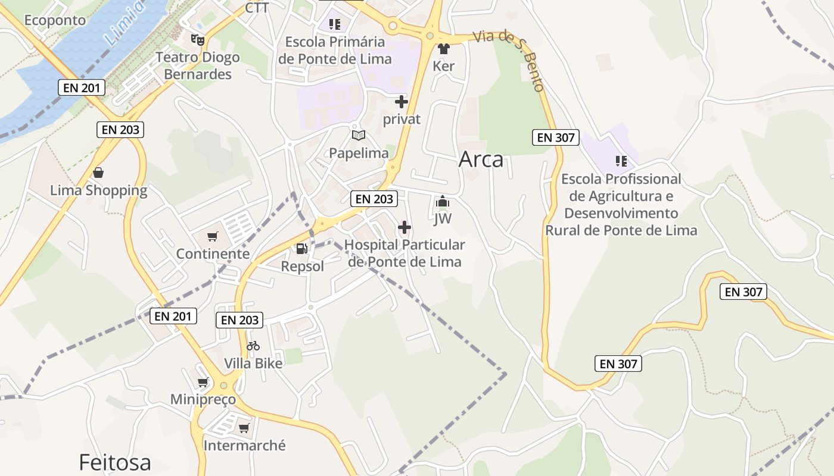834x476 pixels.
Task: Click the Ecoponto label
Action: click(55, 20)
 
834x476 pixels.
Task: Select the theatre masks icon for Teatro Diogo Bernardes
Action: click(198, 40)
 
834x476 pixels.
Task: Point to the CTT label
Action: click(257, 8)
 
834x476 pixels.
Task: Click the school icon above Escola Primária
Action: click(335, 24)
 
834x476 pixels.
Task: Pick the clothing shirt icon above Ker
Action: click(443, 49)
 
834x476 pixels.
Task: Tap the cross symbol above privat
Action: click(402, 102)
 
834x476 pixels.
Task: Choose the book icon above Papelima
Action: click(358, 136)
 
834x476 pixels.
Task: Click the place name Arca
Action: click(481, 159)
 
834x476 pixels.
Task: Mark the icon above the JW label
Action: click(442, 202)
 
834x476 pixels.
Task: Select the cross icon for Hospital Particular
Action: click(404, 227)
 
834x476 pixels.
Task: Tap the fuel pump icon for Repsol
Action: click(302, 249)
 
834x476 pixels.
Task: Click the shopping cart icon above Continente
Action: click(213, 236)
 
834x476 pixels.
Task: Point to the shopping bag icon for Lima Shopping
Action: click(98, 173)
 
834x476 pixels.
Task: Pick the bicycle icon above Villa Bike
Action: click(253, 346)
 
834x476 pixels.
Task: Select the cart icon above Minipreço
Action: click(203, 382)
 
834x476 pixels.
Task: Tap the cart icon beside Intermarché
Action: click(244, 428)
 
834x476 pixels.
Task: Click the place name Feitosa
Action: click(115, 462)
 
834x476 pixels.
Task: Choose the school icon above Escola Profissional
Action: click(621, 161)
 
